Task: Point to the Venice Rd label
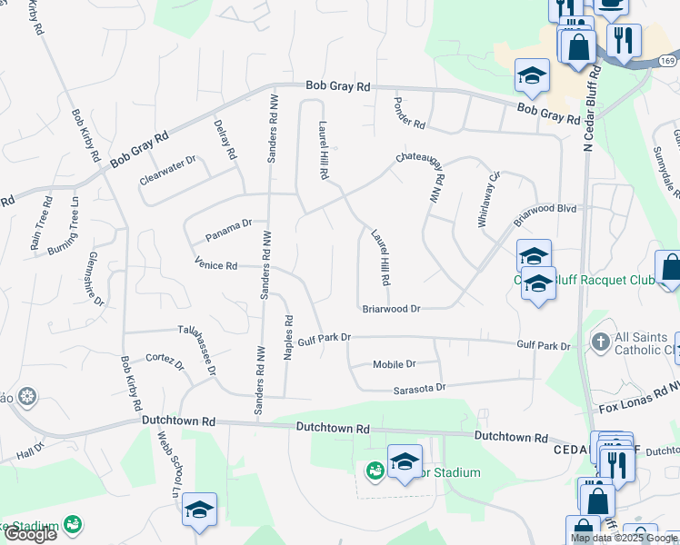click(x=215, y=265)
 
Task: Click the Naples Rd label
click(x=288, y=338)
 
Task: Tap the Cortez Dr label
click(x=165, y=362)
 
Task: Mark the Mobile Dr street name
click(x=394, y=364)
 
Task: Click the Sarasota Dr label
click(x=419, y=387)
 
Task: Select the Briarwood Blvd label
click(x=545, y=214)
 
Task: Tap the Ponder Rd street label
click(x=409, y=112)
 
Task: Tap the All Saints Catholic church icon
click(x=600, y=342)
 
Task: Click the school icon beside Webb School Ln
click(x=199, y=510)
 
